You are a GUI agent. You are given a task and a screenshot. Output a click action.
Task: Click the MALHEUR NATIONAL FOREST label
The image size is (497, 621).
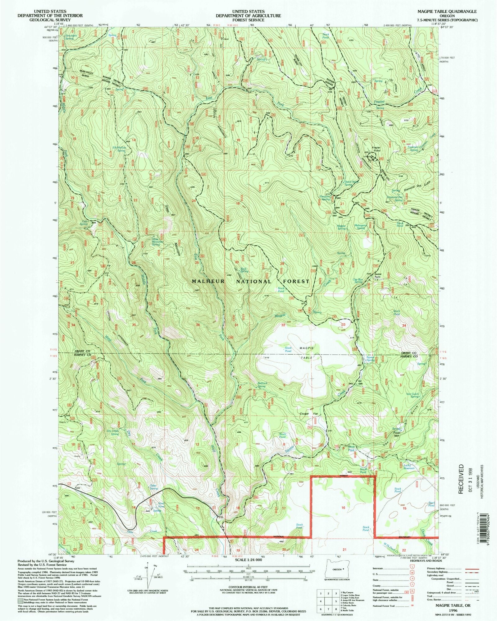(x=250, y=281)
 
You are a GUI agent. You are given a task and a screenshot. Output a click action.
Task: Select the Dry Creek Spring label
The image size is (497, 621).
(x=112, y=432)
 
